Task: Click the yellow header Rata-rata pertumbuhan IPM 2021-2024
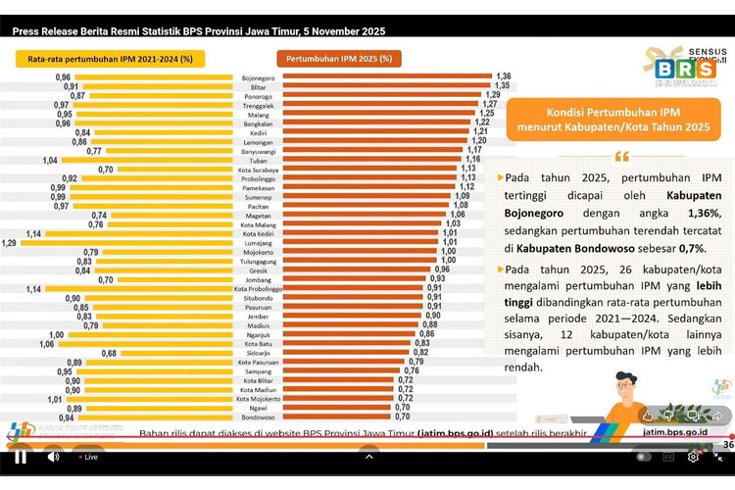coord(104,59)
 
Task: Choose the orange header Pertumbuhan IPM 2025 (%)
coord(338,59)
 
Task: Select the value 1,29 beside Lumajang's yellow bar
coord(9,243)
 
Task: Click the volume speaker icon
coord(53,457)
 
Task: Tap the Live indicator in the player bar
coord(87,457)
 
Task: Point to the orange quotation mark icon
coord(620,157)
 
